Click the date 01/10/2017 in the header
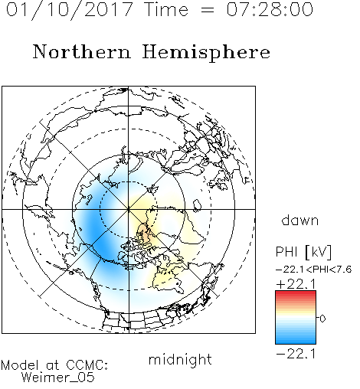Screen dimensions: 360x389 click(69, 10)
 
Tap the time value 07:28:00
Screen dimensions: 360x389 click(270, 9)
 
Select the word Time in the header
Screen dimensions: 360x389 click(166, 9)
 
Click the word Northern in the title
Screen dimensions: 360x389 click(82, 51)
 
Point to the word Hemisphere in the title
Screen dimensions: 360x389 click(206, 53)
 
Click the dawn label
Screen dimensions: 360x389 click(300, 220)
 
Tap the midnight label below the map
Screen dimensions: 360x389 click(180, 359)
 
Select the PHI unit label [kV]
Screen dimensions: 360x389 click(319, 252)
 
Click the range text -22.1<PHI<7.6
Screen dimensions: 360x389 click(314, 270)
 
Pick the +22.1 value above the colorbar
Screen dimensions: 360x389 click(296, 284)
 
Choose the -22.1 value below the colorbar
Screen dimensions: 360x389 click(296, 354)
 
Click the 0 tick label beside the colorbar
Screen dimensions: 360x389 click(322, 319)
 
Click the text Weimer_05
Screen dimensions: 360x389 click(58, 378)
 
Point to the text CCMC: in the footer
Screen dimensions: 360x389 click(87, 364)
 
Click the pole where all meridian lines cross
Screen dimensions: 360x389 click(129, 209)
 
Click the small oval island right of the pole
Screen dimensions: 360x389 click(197, 206)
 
